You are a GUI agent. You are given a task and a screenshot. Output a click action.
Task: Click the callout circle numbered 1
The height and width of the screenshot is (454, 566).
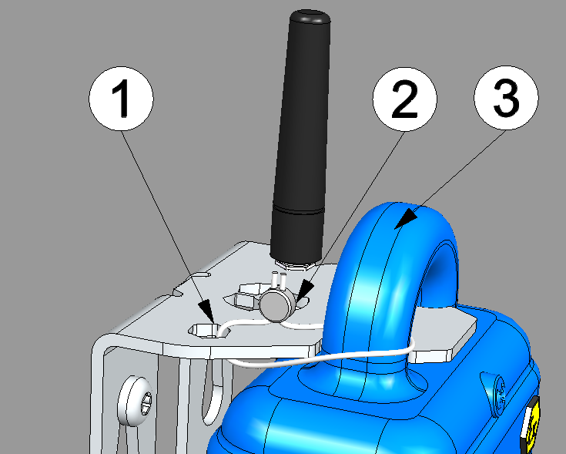tap(122, 98)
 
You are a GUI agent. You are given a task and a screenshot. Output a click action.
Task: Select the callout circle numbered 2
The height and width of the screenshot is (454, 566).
tap(404, 99)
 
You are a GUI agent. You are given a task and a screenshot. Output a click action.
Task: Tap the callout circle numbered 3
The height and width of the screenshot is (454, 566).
tap(506, 98)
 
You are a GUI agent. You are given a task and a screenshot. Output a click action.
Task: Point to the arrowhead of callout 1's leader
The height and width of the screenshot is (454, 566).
tap(206, 311)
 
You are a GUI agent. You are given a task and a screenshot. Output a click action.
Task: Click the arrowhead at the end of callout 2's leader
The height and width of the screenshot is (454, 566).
tap(304, 293)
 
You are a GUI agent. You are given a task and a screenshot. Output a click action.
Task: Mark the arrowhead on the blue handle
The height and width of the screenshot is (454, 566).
tap(406, 218)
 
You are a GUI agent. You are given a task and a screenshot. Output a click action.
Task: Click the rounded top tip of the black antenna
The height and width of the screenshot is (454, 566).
tap(310, 15)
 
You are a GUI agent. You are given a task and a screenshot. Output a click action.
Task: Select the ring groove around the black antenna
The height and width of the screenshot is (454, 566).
tap(298, 210)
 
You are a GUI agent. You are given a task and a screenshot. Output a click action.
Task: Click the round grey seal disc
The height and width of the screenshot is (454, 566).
tap(277, 306)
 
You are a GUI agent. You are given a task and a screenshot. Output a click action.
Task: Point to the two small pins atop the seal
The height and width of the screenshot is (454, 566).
tap(279, 280)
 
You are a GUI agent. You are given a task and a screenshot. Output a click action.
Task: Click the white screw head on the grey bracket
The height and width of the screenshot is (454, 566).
tap(135, 401)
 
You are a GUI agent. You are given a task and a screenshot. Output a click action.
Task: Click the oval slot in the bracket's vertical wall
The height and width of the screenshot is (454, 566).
tap(212, 394)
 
